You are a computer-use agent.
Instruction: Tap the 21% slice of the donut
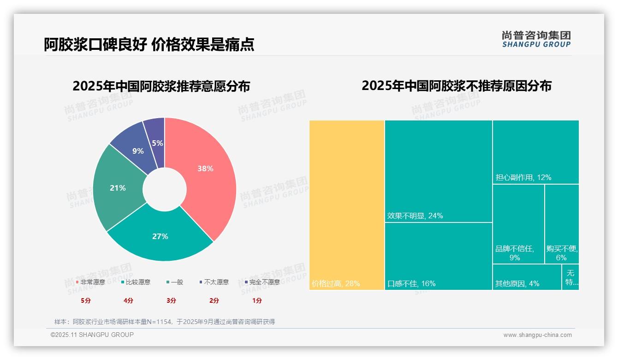pos(118,188)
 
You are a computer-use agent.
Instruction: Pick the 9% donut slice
pos(138,151)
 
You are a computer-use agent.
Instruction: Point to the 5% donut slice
pos(157,143)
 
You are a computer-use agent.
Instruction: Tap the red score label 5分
pos(86,300)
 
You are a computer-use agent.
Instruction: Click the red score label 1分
pos(257,300)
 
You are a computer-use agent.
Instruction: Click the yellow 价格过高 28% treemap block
pos(347,205)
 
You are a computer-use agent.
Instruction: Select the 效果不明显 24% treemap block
pos(439,171)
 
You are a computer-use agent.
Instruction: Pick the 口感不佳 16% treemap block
pos(439,256)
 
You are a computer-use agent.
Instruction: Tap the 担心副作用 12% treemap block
pos(535,152)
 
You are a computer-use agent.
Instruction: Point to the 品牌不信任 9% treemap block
pos(518,224)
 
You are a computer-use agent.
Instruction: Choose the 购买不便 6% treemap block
pos(562,224)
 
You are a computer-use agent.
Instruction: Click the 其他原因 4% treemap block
pos(527,277)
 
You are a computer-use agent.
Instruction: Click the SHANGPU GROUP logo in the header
pos(536,39)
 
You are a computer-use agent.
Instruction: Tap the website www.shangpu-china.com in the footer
pos(537,335)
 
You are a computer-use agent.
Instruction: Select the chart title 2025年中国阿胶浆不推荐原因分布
pos(456,86)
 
